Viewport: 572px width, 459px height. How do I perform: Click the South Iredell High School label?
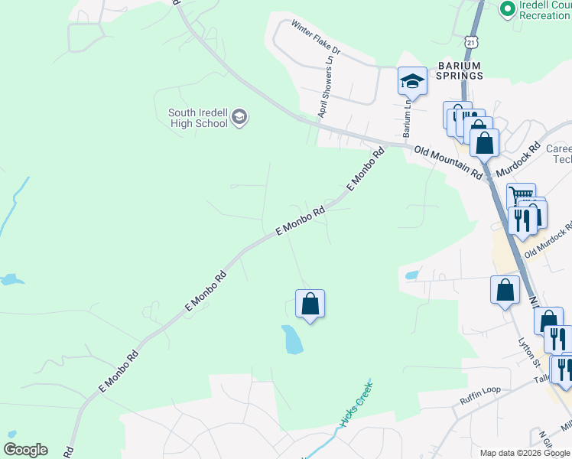[x=198, y=118]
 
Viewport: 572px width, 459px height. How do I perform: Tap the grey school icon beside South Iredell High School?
[x=240, y=117]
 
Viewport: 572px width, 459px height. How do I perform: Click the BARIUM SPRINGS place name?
[x=460, y=70]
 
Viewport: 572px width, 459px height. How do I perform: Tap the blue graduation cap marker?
[x=411, y=81]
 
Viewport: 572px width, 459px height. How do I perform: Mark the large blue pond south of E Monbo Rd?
[x=292, y=340]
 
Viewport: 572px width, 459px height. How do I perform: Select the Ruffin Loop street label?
[x=479, y=390]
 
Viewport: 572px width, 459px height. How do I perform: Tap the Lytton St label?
[x=528, y=352]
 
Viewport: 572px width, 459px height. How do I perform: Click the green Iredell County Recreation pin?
[x=506, y=8]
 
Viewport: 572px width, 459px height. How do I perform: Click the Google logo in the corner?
[x=25, y=450]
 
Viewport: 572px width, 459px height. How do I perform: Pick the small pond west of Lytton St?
[x=411, y=274]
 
